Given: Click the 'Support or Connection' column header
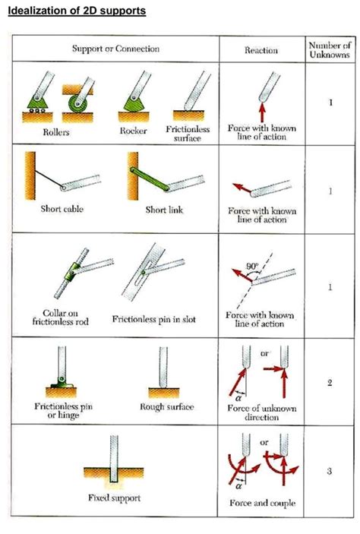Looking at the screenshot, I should pos(115,49).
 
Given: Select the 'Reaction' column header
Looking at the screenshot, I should pos(261,50).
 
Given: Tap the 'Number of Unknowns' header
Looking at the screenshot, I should pos(329,49).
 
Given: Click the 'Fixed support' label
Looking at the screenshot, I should pos(115,498).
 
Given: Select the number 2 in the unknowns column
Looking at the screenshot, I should pos(330,382).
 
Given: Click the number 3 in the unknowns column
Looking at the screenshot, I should pos(330,471).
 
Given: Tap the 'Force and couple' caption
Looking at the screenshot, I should pos(261,504).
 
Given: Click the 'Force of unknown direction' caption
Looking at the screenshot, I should pos(261,412).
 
